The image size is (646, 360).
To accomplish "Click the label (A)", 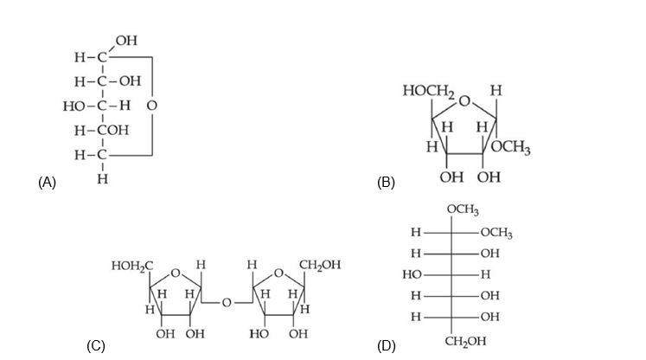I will point(47,182).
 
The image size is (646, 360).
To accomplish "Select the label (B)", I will point(386,182).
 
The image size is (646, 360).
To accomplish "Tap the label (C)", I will point(95,346).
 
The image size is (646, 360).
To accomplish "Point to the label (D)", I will point(386,346).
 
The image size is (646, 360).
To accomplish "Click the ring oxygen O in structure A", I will point(152,106).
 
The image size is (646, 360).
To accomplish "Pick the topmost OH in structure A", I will point(125,41).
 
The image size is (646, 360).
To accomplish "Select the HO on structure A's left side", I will point(73,106).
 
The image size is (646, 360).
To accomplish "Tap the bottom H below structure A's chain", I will point(102,180).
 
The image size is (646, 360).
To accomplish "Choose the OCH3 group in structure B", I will point(511,149).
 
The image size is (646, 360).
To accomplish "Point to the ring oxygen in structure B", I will point(464,102).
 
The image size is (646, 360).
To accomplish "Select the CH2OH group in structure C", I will point(319,265).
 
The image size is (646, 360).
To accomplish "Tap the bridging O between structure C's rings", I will point(226,303).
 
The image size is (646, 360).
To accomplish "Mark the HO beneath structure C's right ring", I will point(259,333).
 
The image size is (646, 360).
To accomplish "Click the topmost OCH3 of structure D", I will point(464,210).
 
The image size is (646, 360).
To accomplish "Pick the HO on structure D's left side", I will point(412,274).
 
